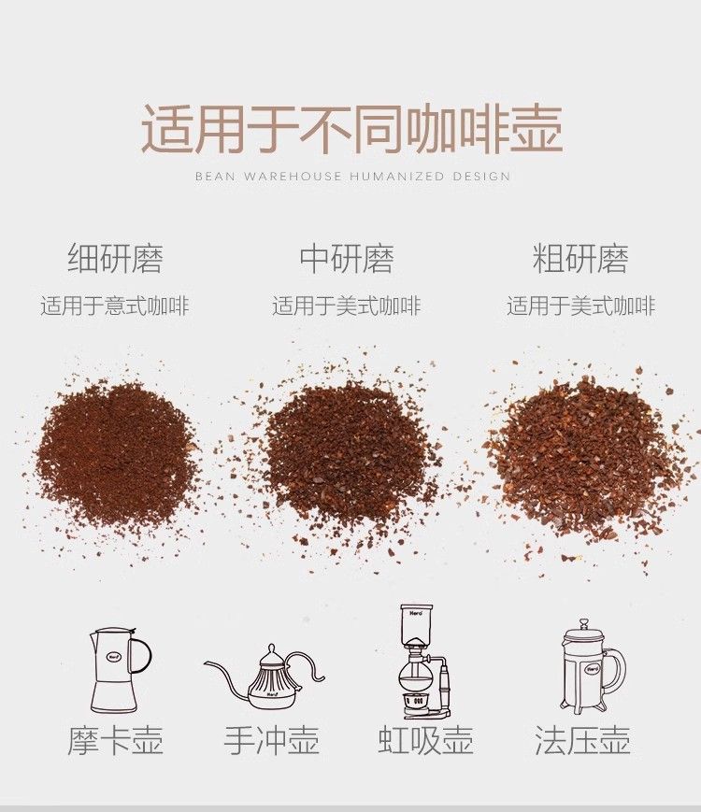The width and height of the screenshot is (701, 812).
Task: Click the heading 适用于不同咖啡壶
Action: (x=351, y=128)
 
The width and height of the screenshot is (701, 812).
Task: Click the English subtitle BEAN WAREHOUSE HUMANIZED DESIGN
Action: (x=352, y=176)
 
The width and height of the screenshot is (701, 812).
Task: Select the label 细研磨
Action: (x=116, y=258)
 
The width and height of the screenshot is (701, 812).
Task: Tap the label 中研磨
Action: (x=347, y=258)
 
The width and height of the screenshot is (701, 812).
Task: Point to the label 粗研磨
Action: (x=580, y=258)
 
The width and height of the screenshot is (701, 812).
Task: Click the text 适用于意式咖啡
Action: (x=115, y=306)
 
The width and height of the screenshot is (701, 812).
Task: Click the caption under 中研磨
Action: (x=347, y=306)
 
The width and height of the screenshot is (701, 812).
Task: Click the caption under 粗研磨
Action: (x=580, y=306)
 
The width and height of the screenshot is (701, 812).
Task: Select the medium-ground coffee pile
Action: (x=346, y=456)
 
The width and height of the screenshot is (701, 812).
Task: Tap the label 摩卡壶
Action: (x=115, y=740)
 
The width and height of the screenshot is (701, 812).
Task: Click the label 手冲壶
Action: (x=271, y=740)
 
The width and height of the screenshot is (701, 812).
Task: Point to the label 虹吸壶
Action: (x=425, y=740)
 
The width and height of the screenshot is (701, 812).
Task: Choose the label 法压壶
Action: (x=582, y=740)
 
